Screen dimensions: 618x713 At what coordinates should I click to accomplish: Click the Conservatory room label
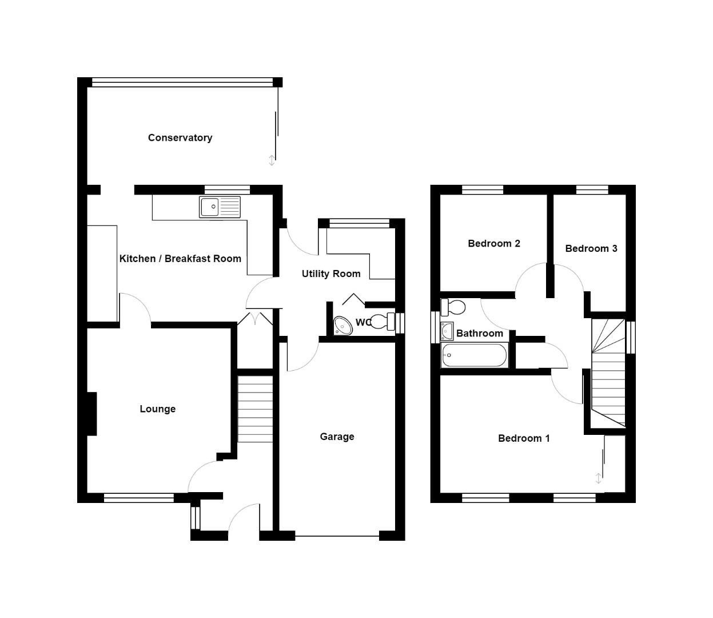180,138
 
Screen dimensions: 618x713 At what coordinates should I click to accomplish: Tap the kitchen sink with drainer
220,207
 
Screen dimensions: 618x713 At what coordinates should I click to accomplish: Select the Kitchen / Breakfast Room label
180,259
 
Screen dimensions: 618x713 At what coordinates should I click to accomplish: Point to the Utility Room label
331,274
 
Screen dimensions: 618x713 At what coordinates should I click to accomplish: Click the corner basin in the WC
343,325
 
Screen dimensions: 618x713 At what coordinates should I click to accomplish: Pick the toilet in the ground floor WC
383,321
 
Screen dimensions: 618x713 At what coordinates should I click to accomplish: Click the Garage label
337,437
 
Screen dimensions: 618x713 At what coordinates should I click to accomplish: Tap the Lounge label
157,409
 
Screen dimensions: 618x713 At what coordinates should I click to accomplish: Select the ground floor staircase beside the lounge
255,409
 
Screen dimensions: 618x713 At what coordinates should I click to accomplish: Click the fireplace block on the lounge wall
91,414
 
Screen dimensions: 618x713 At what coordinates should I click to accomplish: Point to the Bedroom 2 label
493,244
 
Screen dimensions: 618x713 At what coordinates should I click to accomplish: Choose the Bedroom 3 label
591,248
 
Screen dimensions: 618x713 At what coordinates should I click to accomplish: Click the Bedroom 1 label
524,438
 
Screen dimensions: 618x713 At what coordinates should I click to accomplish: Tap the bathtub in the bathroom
474,355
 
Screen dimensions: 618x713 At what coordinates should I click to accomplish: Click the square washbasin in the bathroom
447,331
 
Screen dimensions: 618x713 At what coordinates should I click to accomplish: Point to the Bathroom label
479,334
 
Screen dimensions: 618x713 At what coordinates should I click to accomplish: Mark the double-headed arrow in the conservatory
272,160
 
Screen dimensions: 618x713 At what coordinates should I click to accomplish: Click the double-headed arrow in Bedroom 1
599,478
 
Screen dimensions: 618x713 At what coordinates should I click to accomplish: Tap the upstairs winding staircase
608,372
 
